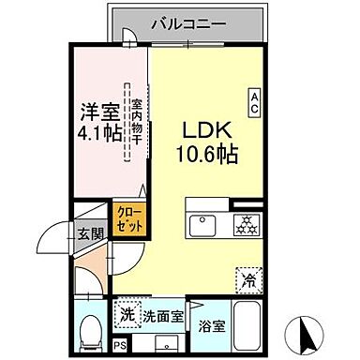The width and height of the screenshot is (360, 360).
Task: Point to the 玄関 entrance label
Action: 91,234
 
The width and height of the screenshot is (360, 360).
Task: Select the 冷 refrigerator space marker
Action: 248,277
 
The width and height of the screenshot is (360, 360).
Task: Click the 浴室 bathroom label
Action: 211,327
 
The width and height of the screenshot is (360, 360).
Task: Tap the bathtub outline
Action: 248,328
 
